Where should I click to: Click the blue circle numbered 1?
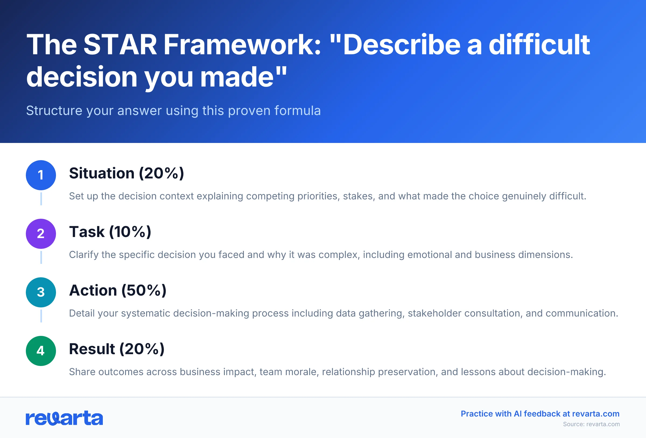coord(41,175)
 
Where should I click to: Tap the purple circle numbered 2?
coord(41,234)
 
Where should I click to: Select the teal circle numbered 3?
coord(41,292)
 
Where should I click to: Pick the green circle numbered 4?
coord(41,351)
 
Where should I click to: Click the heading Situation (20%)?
coord(127,173)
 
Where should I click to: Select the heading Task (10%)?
coord(110,232)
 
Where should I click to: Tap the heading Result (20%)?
coord(117,349)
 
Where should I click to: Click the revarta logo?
coord(64,418)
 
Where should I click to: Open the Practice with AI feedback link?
coord(540,414)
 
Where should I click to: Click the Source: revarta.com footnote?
coord(591,424)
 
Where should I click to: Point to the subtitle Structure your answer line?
coord(173,110)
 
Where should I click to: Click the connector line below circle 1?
coord(41,199)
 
